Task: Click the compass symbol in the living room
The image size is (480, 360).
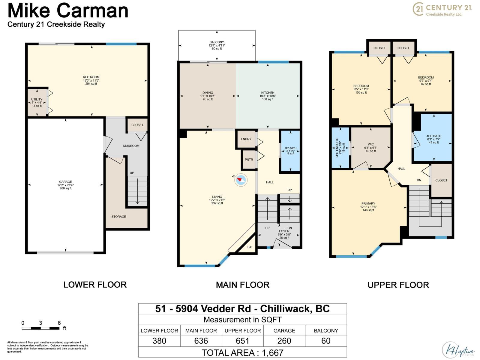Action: [240, 180]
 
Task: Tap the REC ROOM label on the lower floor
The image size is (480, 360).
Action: [91, 77]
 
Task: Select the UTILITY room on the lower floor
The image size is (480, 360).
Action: [37, 102]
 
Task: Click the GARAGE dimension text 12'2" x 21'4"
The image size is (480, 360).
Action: [65, 185]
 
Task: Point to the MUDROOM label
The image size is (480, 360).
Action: [131, 146]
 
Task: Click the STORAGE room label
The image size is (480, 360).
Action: [118, 217]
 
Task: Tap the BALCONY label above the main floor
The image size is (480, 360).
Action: [217, 42]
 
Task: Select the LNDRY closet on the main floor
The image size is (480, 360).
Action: [246, 139]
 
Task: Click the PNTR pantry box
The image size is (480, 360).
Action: [249, 160]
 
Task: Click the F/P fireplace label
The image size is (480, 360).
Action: [250, 247]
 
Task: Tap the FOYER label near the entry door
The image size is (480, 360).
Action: [284, 231]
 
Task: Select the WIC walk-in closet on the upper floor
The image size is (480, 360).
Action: [370, 147]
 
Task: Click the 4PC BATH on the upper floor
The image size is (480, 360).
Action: [433, 139]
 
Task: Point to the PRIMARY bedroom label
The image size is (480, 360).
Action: [368, 203]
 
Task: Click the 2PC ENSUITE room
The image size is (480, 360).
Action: [340, 148]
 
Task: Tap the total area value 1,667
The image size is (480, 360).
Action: [273, 352]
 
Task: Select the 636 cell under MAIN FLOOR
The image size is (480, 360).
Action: [201, 341]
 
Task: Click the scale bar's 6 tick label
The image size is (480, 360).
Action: [59, 323]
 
